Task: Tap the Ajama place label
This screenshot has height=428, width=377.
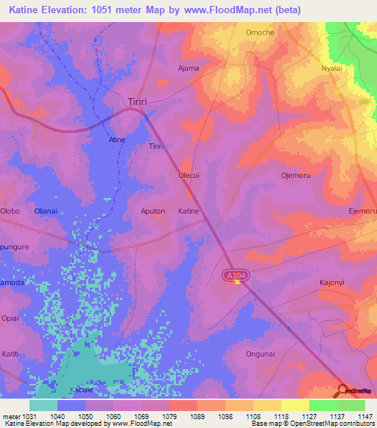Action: click(x=189, y=68)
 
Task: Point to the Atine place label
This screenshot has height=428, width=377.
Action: click(x=117, y=140)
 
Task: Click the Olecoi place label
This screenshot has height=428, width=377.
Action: click(x=190, y=176)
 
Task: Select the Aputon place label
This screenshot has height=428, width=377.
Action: click(x=152, y=211)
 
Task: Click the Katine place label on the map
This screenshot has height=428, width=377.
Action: click(x=188, y=211)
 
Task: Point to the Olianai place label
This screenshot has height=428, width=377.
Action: click(x=47, y=211)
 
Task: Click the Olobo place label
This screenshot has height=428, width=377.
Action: click(x=10, y=211)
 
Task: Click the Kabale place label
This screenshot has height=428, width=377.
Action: click(x=81, y=389)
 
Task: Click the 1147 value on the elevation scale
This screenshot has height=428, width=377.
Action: click(x=366, y=415)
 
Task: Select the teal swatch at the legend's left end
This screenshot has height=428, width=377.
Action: click(x=43, y=405)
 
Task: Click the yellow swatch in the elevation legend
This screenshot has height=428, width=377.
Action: click(x=295, y=405)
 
